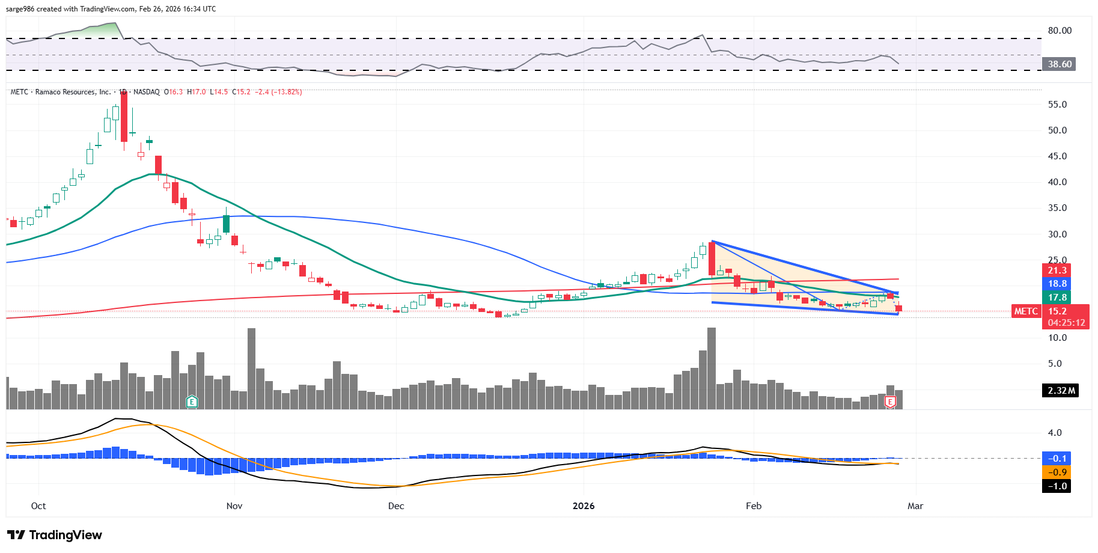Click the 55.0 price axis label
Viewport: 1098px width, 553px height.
[x=1057, y=105]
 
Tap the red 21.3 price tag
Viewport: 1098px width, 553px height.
[x=1057, y=270]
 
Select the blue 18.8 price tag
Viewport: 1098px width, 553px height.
[x=1057, y=284]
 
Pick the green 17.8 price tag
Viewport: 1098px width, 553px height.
[x=1057, y=298]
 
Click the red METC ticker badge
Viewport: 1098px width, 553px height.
[x=1026, y=311]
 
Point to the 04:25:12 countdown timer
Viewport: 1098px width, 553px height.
[x=1066, y=323]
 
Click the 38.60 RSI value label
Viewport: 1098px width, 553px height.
[x=1060, y=64]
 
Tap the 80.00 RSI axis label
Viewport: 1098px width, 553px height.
[x=1060, y=31]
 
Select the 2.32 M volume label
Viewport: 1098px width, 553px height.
[x=1061, y=391]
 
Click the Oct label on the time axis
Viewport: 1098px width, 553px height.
[x=38, y=506]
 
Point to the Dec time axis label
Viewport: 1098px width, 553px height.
[x=396, y=506]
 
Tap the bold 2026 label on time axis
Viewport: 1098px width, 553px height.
[x=584, y=506]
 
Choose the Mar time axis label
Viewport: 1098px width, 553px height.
[x=915, y=506]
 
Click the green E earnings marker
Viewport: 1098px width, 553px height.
[x=192, y=402]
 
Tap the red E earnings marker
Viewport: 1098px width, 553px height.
[x=890, y=402]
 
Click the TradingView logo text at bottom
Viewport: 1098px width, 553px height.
[x=55, y=535]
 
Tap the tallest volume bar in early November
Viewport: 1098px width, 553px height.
[x=251, y=368]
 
